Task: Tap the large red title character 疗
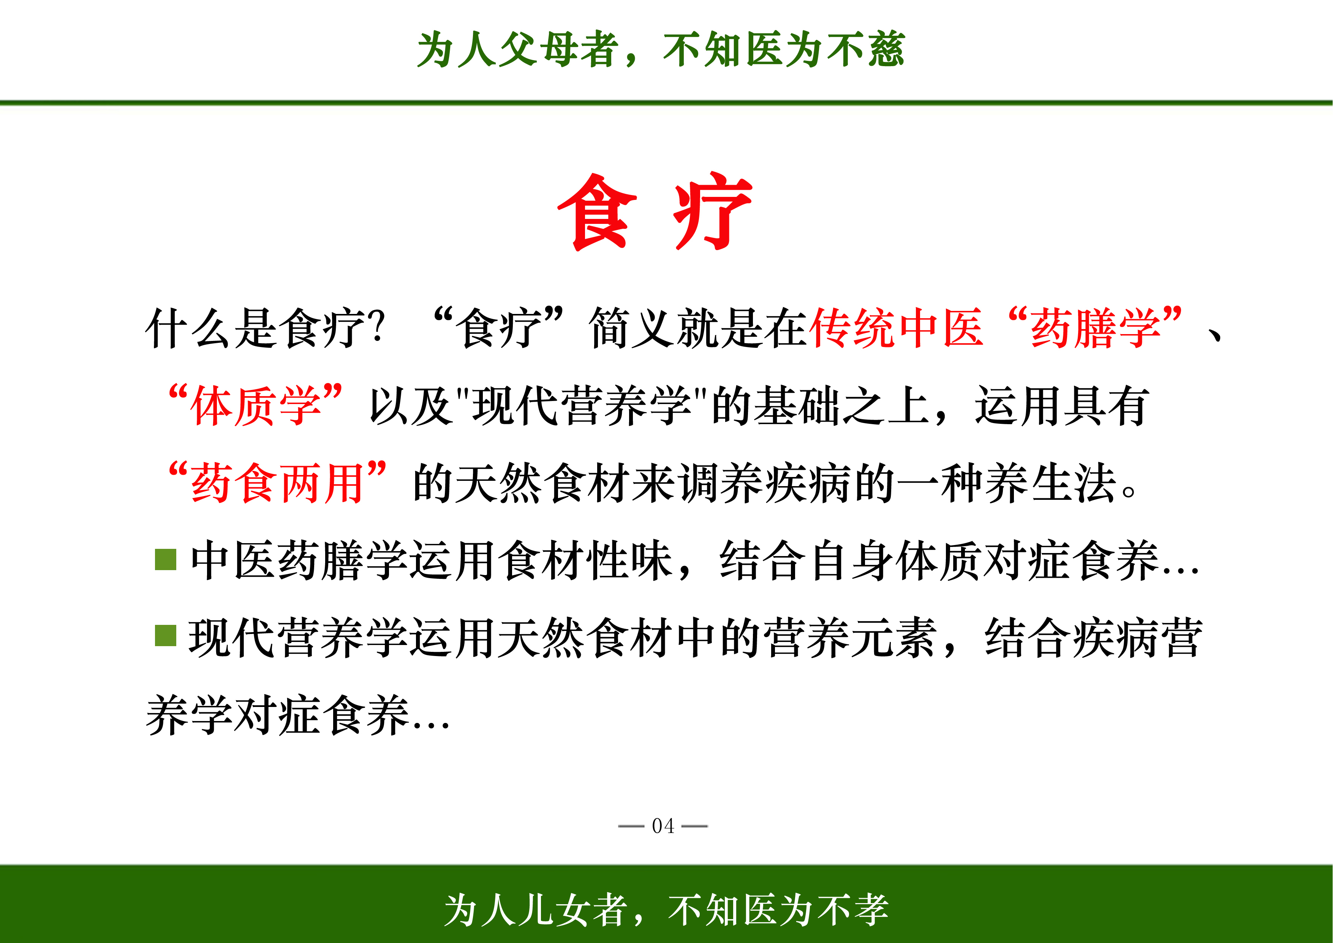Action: pos(713,211)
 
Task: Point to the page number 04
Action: pos(663,826)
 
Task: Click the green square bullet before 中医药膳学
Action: pos(166,559)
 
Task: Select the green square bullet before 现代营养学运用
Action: pos(166,636)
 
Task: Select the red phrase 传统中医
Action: pos(896,328)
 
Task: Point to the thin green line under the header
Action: pos(666,103)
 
